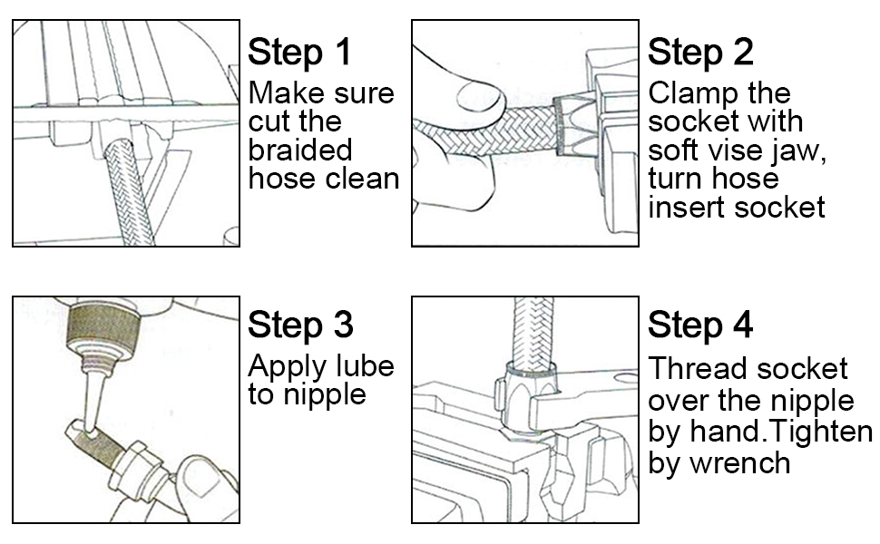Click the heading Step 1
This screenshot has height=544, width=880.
pos(299,52)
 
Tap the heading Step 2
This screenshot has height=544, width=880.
pos(699,52)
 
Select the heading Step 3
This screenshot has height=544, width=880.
pos(299,325)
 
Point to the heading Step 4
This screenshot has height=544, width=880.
pos(699,325)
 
